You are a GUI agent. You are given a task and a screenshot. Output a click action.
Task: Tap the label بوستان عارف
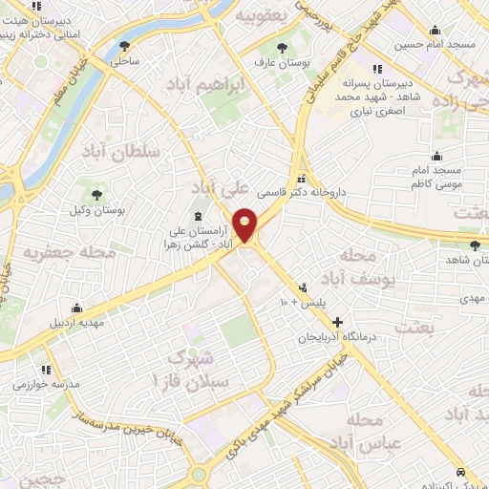[271, 63]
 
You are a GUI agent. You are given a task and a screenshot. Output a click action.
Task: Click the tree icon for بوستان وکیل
[98, 194]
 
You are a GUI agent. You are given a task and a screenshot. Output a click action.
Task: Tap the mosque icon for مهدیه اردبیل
[76, 309]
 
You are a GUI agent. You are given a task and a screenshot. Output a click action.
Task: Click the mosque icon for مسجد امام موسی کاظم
[437, 157]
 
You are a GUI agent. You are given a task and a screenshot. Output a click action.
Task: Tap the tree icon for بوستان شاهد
[448, 245]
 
